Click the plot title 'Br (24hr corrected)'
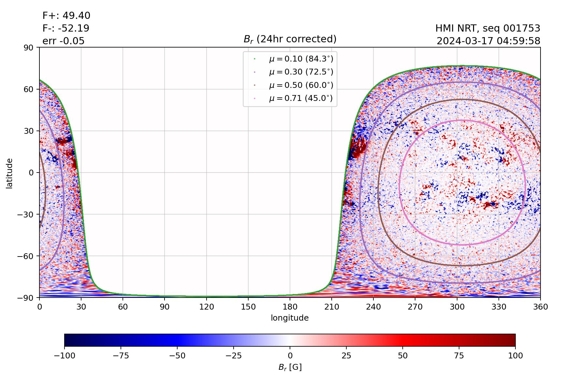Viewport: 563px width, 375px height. tap(290, 39)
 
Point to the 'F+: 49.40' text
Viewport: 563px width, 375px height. tap(66, 16)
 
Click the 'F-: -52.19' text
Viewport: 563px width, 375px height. tap(66, 28)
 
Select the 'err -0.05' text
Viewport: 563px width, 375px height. tap(64, 41)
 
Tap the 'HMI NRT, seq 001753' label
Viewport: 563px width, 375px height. tap(488, 28)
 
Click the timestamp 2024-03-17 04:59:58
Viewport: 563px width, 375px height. tap(488, 41)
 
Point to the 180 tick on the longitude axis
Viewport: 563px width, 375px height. tap(290, 307)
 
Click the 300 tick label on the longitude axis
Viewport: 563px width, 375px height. tap(457, 307)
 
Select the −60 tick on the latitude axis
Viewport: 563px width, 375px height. tap(27, 256)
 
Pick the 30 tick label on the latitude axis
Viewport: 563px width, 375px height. tap(30, 131)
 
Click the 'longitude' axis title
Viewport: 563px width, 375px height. tap(290, 318)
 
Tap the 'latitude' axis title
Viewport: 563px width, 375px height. tap(9, 173)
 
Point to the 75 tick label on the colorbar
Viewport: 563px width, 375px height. tap(459, 355)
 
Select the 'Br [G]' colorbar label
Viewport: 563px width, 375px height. tap(290, 367)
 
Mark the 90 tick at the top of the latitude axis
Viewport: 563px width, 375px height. tap(30, 48)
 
